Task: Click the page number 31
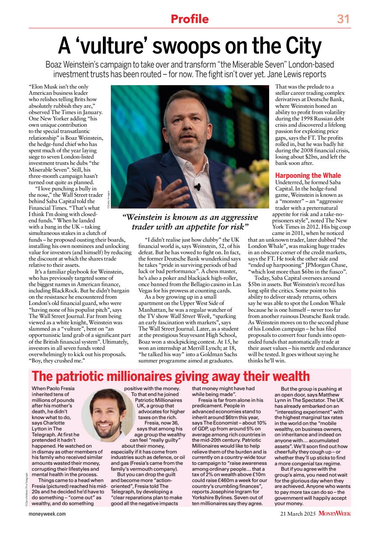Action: pos(343,19)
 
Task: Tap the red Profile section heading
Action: pos(189,19)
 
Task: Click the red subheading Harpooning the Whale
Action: pos(307,175)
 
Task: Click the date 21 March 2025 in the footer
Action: pos(298,513)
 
